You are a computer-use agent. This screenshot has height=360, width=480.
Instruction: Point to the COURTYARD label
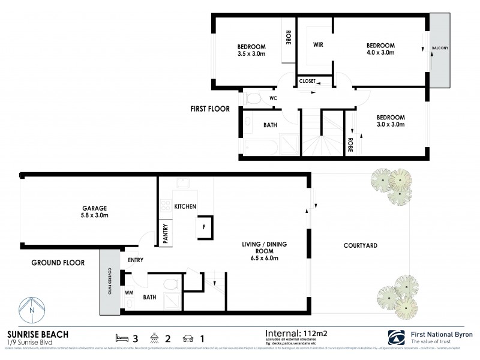click(x=360, y=245)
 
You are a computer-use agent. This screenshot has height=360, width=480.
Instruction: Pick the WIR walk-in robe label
click(x=318, y=45)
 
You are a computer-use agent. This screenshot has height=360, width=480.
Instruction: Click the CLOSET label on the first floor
click(x=307, y=80)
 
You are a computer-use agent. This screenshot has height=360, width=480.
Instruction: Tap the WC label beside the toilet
click(x=273, y=98)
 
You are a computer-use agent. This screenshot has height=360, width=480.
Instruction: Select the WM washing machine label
click(x=129, y=293)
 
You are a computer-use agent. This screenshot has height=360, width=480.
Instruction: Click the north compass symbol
click(x=31, y=310)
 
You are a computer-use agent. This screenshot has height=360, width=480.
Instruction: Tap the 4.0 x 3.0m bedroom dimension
click(x=380, y=53)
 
